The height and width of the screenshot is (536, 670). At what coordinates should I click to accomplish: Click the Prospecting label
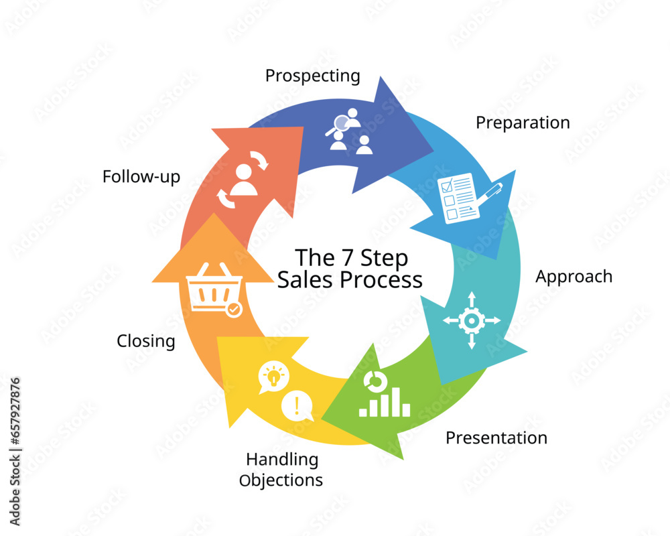click(x=312, y=76)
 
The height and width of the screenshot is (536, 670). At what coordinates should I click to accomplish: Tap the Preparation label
click(x=523, y=123)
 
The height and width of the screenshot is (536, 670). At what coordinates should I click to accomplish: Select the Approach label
click(x=574, y=276)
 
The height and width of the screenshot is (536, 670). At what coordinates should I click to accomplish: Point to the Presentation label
click(x=496, y=438)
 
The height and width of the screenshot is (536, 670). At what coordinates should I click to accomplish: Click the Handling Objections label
click(x=283, y=470)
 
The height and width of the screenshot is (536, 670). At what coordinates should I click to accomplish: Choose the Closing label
click(x=146, y=341)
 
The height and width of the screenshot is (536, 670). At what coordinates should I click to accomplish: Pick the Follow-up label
click(x=141, y=177)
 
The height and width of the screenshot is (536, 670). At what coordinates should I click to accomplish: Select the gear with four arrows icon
click(x=472, y=320)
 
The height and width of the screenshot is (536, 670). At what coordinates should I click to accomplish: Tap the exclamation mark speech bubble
click(x=297, y=406)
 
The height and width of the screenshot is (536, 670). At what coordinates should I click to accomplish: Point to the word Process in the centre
click(x=381, y=279)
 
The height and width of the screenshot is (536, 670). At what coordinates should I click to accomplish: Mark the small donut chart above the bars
click(x=373, y=381)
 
